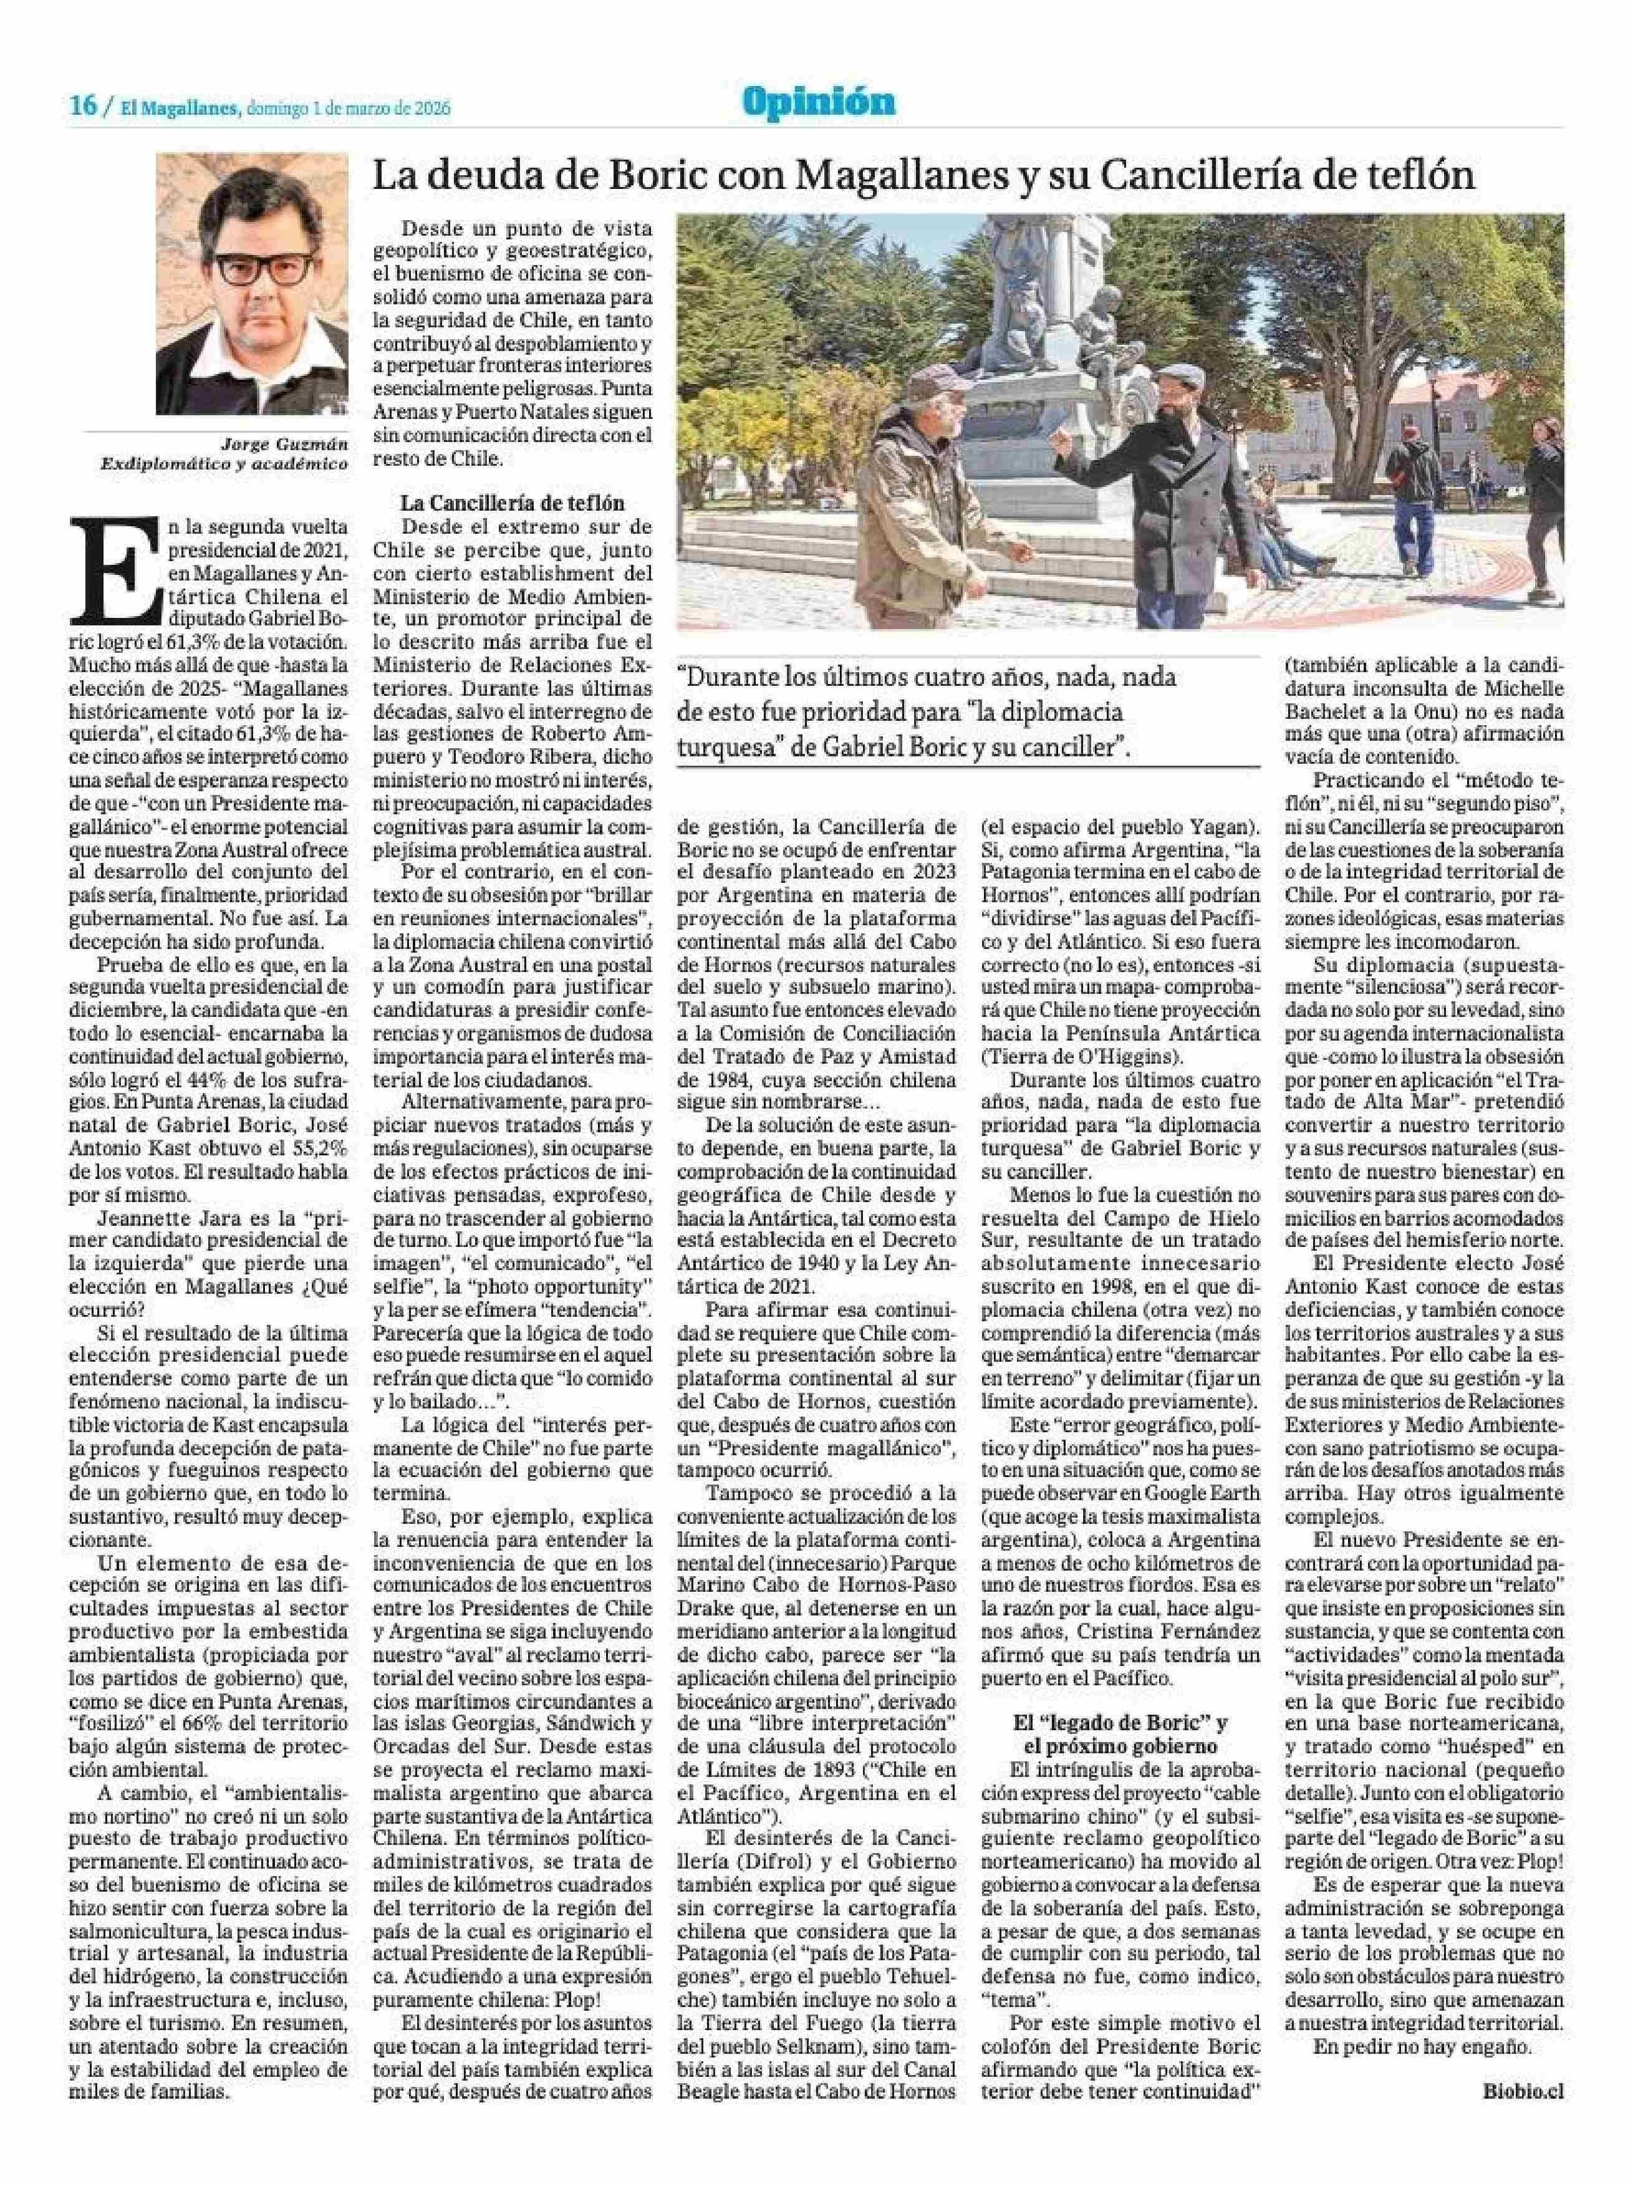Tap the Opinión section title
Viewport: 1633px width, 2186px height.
click(x=821, y=101)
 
